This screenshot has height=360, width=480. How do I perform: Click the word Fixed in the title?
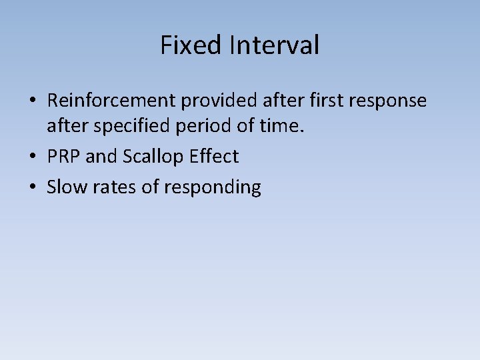point(191,45)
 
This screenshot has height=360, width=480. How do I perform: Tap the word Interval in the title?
point(274,45)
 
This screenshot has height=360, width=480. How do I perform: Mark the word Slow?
point(64,187)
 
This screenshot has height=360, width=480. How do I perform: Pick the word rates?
point(111,187)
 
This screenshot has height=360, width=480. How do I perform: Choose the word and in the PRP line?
point(101,157)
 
